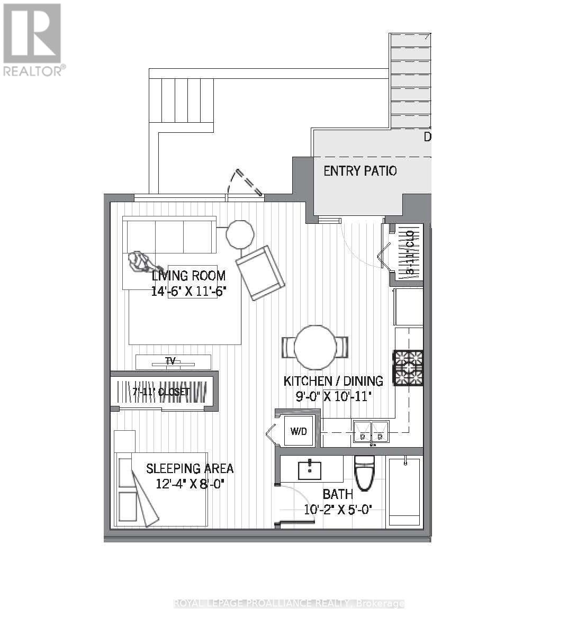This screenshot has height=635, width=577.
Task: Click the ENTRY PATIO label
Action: pyautogui.click(x=360, y=171)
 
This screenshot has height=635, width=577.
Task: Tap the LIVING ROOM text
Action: pyautogui.click(x=188, y=276)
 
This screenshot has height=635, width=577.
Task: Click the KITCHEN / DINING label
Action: pyautogui.click(x=333, y=381)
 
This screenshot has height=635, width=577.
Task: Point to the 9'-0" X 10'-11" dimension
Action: pyautogui.click(x=333, y=396)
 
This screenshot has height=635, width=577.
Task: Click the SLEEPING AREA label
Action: pyautogui.click(x=190, y=468)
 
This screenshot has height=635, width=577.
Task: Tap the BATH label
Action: pyautogui.click(x=338, y=494)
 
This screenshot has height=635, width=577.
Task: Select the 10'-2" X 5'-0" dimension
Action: pyautogui.click(x=338, y=510)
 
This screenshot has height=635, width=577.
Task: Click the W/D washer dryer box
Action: pyautogui.click(x=299, y=431)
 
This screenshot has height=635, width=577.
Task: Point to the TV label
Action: pyautogui.click(x=170, y=361)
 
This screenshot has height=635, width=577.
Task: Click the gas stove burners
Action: pyautogui.click(x=408, y=367)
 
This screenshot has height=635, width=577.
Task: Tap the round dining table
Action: pyautogui.click(x=315, y=347)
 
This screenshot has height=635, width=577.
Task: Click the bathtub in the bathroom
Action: pyautogui.click(x=404, y=491)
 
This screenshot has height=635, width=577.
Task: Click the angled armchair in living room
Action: pyautogui.click(x=260, y=273)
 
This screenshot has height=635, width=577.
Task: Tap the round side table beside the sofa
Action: pyautogui.click(x=240, y=234)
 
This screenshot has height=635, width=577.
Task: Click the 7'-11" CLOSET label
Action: pyautogui.click(x=161, y=392)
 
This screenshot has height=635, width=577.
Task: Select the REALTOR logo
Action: pyautogui.click(x=33, y=40)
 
